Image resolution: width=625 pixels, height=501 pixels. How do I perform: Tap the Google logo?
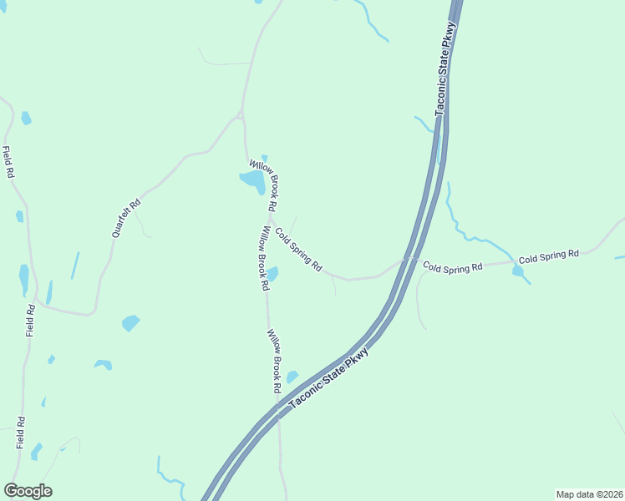click(28, 491)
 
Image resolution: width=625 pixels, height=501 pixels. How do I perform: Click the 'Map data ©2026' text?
click(588, 494)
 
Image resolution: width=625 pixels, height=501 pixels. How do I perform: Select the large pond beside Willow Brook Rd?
click(253, 180)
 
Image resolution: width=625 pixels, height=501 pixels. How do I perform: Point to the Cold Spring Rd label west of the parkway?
click(299, 250)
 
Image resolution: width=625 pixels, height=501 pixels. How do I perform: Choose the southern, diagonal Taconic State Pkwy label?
click(328, 379)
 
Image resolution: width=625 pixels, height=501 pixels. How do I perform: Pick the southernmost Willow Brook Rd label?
click(273, 361)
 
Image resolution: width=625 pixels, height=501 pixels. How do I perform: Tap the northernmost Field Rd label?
click(9, 162)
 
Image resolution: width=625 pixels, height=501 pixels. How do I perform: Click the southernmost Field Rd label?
click(21, 433)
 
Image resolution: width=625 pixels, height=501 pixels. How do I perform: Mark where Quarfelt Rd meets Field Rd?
click(36, 301)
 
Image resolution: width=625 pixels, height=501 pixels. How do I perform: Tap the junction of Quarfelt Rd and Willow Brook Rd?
click(241, 116)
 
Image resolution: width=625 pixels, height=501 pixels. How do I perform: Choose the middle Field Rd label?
click(30, 321)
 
